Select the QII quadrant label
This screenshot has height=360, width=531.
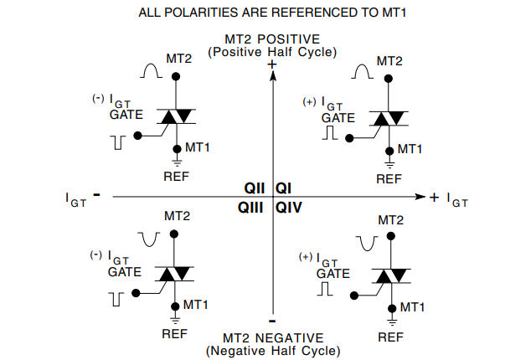[255, 188]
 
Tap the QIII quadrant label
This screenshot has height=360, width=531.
[252, 206]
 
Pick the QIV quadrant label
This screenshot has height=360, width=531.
[287, 206]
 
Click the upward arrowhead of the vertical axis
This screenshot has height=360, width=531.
[272, 75]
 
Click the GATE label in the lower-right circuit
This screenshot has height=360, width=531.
[333, 273]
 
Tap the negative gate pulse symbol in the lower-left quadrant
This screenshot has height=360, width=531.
[117, 297]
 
